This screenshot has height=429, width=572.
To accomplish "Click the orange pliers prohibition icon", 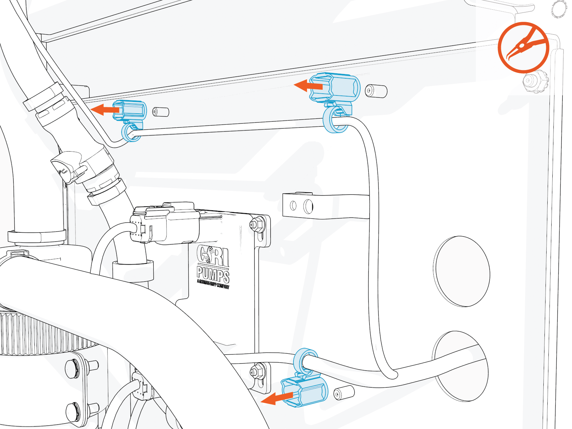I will point(523,48).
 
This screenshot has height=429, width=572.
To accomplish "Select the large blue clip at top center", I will point(334,87).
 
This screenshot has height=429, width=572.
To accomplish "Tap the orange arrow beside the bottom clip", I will point(277,398).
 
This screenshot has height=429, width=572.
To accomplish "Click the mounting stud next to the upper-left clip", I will point(161,112).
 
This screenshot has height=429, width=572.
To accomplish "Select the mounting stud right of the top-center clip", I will point(376,91).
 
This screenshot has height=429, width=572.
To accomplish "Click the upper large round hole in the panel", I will point(462,271).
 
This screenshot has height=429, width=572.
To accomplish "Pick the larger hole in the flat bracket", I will point(308,206).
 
